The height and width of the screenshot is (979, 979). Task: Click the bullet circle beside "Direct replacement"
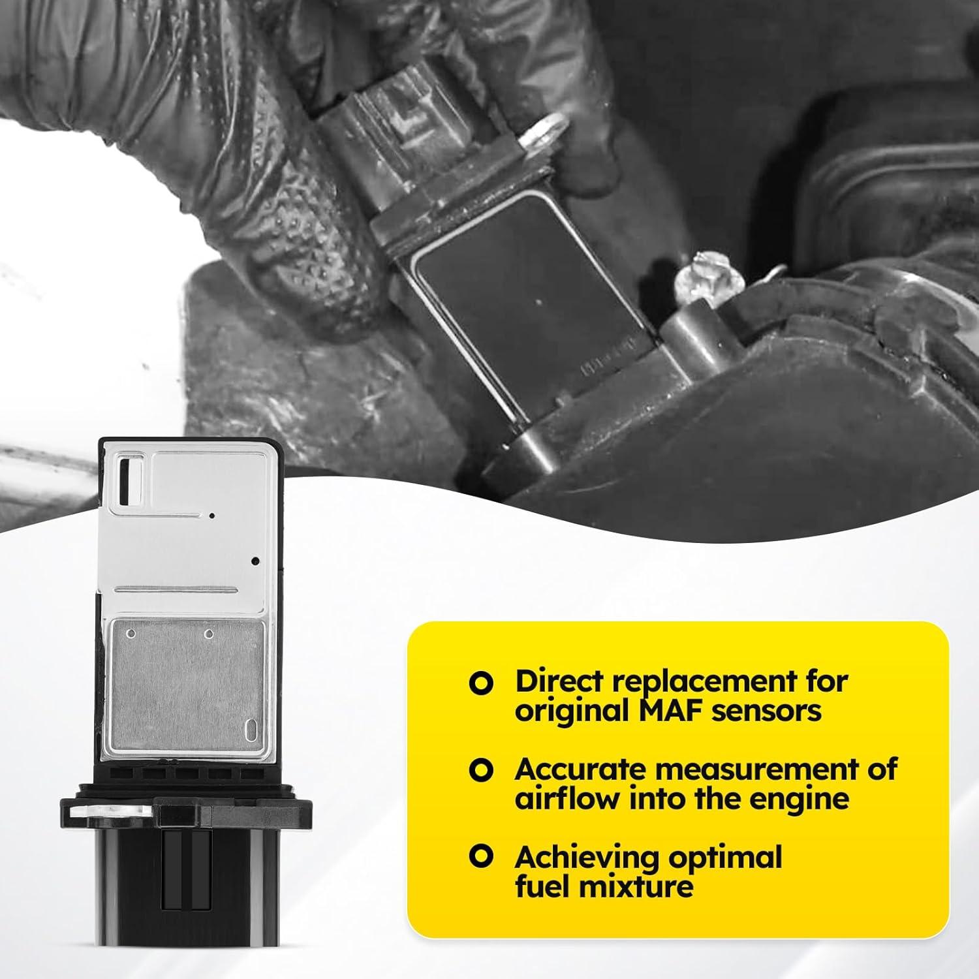(481, 682)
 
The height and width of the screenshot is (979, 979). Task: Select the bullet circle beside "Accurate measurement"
(481, 770)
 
